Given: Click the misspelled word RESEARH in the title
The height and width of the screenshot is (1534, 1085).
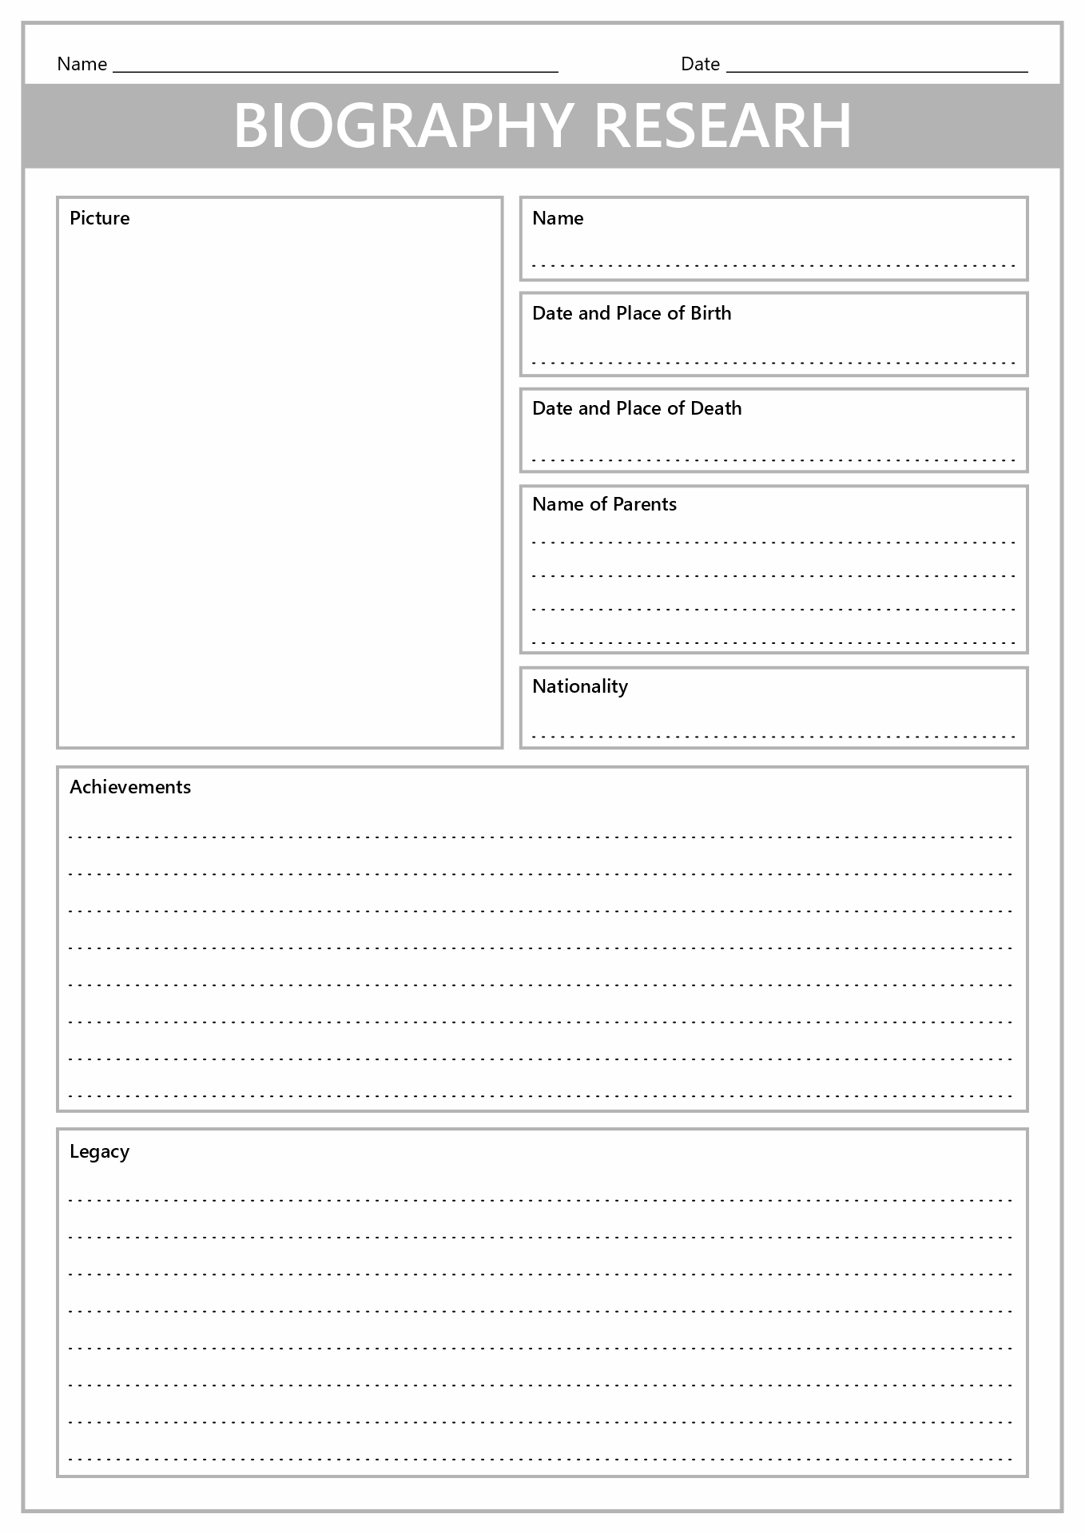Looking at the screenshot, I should (x=723, y=126).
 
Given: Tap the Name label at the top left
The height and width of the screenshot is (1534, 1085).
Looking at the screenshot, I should (x=81, y=64).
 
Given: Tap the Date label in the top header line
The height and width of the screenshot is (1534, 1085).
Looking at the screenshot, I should (x=700, y=64).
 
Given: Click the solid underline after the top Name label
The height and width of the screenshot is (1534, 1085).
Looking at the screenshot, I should (x=336, y=72).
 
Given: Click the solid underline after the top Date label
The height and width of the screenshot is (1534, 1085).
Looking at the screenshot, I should (x=876, y=72).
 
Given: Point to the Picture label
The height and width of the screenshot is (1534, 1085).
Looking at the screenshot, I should (x=99, y=218).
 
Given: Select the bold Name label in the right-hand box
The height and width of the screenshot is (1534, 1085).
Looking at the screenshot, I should (x=558, y=218).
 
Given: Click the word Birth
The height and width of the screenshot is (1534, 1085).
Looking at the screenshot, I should (x=710, y=313).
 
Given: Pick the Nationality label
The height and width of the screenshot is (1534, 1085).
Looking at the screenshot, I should (x=580, y=686).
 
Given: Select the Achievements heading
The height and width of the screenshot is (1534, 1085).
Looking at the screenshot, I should (x=130, y=787).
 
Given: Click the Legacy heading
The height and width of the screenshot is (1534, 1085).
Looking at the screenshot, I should (x=99, y=1151).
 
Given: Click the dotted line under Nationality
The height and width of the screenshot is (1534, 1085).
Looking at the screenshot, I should (x=773, y=737).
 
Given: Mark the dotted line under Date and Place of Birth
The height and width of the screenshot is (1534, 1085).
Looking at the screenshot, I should (x=773, y=363).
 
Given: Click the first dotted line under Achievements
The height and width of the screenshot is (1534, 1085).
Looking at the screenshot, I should (x=542, y=837).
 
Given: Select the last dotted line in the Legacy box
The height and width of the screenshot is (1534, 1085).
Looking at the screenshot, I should (x=542, y=1459).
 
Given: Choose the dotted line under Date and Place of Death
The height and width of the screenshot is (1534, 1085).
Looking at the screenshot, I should (x=773, y=460).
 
